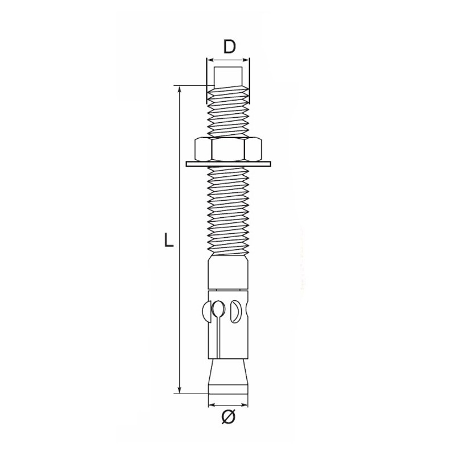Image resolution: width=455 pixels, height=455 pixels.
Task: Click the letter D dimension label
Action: (x=229, y=47)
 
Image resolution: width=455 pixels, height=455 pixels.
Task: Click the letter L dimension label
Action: (x=169, y=239)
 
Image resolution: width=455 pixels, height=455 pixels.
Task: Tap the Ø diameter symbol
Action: (x=229, y=417)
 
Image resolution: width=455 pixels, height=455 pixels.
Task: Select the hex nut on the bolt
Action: (x=228, y=149)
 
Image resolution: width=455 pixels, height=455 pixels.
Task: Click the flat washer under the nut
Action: (x=229, y=164)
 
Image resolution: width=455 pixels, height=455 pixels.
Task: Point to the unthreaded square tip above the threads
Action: (x=228, y=77)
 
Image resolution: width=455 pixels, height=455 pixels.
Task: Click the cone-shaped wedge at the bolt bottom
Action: (x=228, y=376)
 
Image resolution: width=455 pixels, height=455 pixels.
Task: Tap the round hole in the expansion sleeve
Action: (x=218, y=308)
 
